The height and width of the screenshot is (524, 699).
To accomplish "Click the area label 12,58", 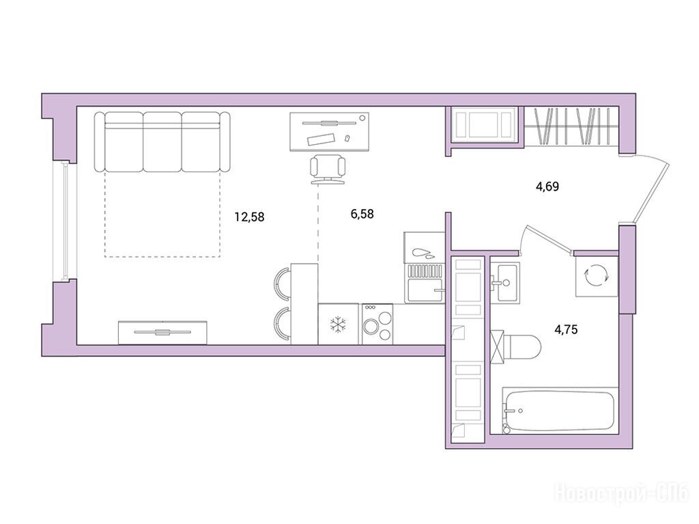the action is coord(250,217).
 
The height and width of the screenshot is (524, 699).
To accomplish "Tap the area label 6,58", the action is coord(362,215).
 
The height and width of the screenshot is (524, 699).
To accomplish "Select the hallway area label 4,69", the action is coord(547,186).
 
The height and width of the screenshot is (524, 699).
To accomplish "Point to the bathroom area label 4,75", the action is coord(566,330).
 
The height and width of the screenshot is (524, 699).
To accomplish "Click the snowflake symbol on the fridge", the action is coord(339,325).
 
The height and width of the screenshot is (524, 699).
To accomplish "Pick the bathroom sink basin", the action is coord(504,283).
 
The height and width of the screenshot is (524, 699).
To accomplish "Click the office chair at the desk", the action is coord(328,169).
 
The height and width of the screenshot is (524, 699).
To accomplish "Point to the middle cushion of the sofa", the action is coord(162,141).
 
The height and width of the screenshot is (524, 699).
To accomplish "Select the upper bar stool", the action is coord(283,284).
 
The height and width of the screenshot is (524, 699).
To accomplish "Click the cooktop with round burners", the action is coord(377,324).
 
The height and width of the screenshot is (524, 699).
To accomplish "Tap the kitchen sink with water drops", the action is coord(425,267).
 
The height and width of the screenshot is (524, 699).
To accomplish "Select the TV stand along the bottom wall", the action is coord(162,333).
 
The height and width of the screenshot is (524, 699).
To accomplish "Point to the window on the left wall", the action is coord(65,222).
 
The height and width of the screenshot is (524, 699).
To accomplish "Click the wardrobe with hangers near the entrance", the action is coord(571,126).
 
